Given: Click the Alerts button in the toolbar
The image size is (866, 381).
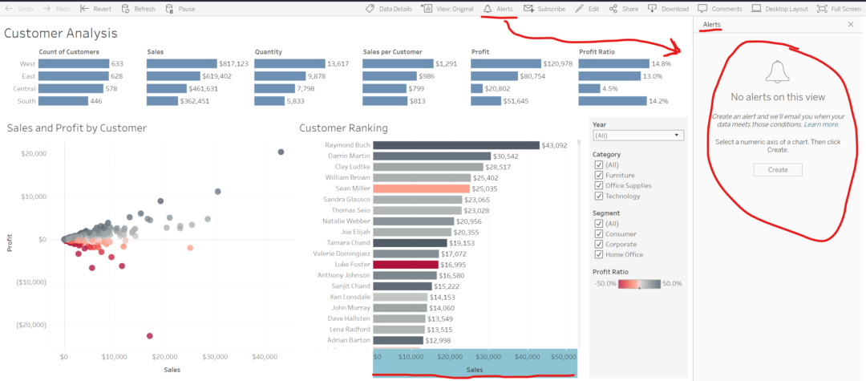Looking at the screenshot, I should [498, 9].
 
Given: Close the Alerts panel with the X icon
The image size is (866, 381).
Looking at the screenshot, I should [851, 25].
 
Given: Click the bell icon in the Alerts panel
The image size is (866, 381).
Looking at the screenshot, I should [777, 72].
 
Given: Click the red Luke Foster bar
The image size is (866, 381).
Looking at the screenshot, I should [406, 264].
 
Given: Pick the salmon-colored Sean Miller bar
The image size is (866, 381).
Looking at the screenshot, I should [421, 188].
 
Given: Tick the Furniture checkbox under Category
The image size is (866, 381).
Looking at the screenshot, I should [598, 175].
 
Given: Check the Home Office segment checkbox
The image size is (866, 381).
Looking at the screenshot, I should [598, 254].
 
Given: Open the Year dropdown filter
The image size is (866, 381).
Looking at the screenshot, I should [637, 136].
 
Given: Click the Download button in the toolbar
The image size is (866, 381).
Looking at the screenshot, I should [668, 9].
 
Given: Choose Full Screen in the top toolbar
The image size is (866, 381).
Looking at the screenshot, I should [839, 9].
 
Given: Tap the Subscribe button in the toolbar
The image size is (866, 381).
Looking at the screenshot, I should [544, 9].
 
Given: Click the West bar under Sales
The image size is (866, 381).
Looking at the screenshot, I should [182, 63].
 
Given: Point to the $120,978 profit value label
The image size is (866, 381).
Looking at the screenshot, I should [557, 63].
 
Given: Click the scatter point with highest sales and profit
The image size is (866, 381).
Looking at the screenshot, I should [281, 152].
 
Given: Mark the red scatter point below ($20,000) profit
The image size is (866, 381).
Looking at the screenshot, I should [150, 336].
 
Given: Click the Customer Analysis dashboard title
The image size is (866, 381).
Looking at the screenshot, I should [61, 34].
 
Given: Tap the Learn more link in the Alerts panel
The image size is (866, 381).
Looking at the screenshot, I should [822, 124].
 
